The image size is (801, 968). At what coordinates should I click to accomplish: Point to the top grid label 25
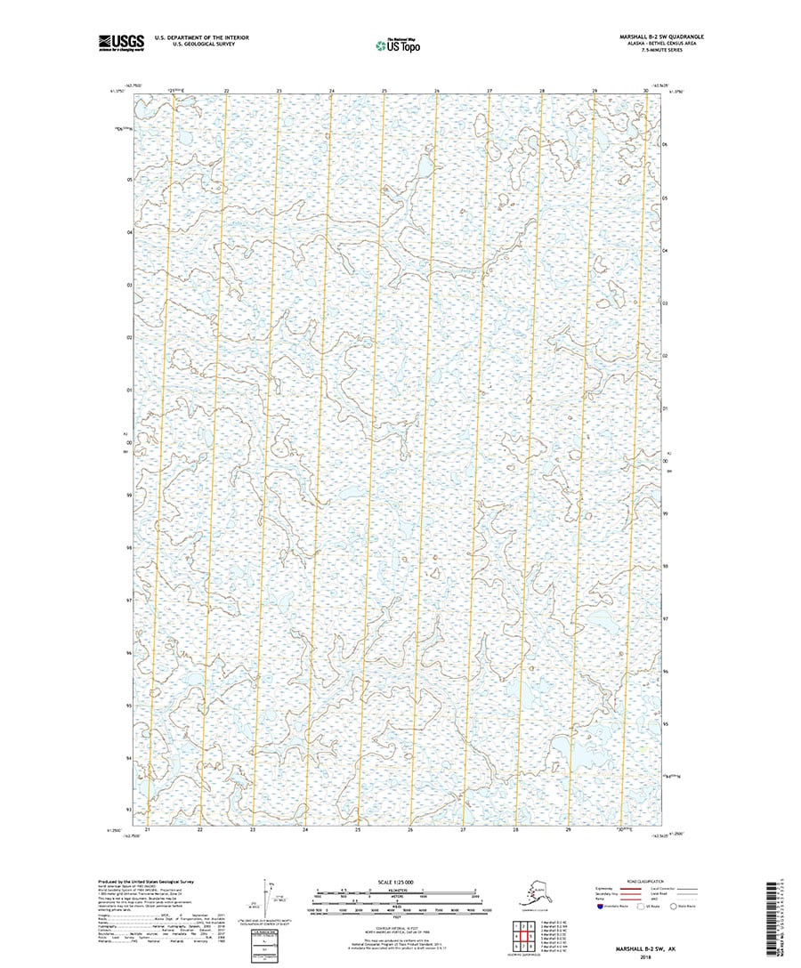384,92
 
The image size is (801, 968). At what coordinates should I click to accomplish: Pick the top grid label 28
542,92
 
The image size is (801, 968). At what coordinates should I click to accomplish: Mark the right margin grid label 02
666,357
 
